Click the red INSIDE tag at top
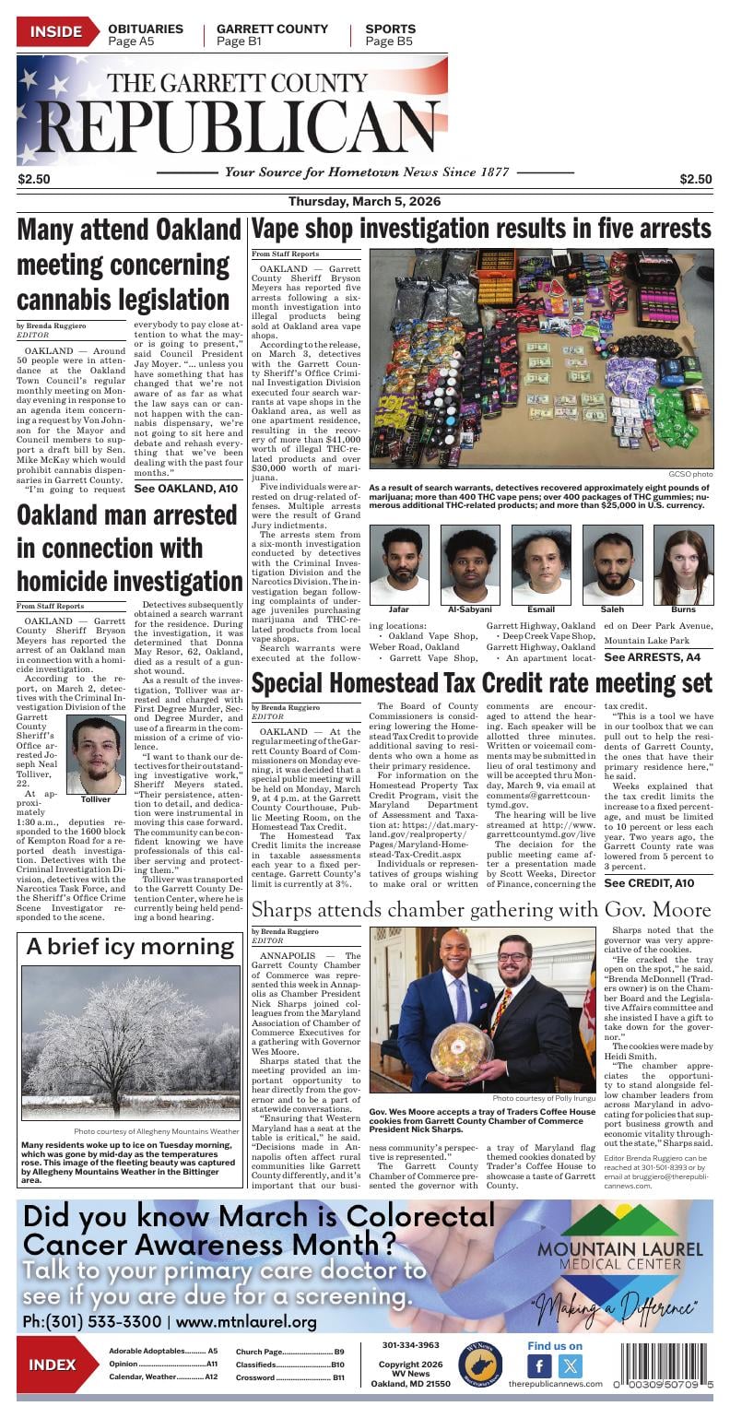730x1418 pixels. click(55, 33)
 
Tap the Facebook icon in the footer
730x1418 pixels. click(539, 1366)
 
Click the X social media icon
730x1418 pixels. click(571, 1366)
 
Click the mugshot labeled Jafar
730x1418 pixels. click(399, 564)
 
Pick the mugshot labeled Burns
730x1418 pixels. click(683, 564)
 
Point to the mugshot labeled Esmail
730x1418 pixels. click(541, 564)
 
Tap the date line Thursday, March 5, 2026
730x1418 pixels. click(365, 202)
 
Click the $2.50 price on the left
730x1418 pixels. click(34, 179)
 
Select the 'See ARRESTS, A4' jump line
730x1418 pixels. click(652, 657)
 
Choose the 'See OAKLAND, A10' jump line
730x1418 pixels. click(185, 488)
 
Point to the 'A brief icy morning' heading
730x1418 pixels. click(130, 946)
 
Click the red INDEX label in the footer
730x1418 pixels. click(53, 1365)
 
